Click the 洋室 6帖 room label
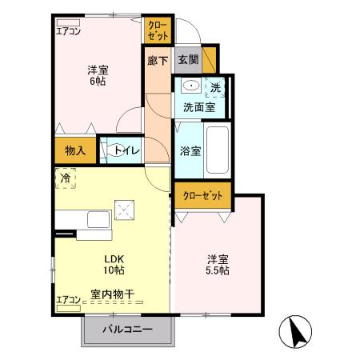tap(98, 74)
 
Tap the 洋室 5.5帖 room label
tap(218, 265)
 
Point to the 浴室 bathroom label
tap(189, 150)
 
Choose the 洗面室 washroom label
tap(198, 106)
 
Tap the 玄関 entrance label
tap(188, 60)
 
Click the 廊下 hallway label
tap(158, 60)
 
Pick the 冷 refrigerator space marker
tap(63, 178)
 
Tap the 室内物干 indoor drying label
tap(111, 294)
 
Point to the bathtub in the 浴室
tap(217, 150)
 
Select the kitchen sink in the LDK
tap(98, 219)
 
